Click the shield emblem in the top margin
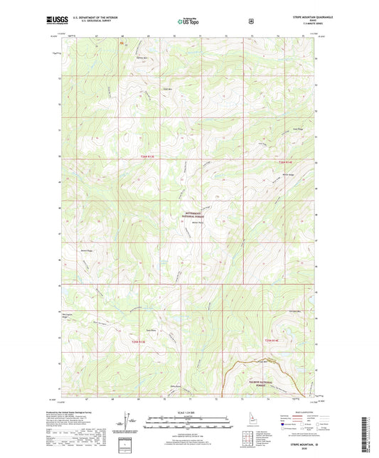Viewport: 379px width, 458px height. [x=251, y=21]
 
